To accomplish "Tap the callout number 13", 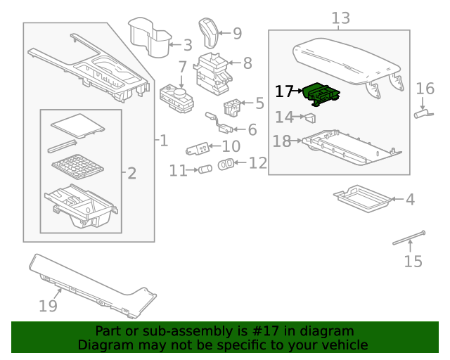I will click(x=340, y=18).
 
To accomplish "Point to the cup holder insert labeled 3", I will click(x=153, y=39).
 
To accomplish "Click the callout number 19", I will click(x=48, y=306).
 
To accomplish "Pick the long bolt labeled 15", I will click(x=410, y=239).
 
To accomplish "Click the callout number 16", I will click(x=425, y=89).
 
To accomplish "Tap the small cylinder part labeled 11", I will click(x=206, y=169).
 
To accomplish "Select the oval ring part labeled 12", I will click(x=226, y=164).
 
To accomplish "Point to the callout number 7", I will click(x=182, y=67).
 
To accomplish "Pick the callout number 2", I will click(x=131, y=173).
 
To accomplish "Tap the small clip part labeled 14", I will click(x=309, y=118).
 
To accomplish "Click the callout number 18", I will click(x=281, y=142).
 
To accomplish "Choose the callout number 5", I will click(x=259, y=104).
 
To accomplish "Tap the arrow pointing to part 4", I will click(x=394, y=200).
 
